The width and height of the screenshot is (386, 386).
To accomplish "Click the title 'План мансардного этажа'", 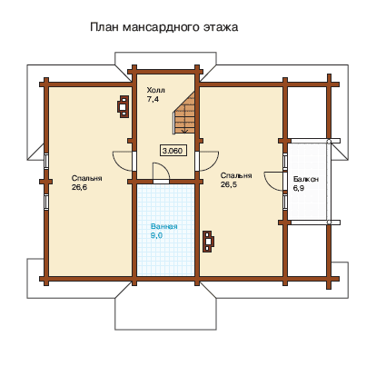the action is tap(164, 27).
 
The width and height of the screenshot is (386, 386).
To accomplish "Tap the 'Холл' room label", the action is tap(156, 90).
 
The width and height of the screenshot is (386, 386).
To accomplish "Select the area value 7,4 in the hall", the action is tap(153, 99).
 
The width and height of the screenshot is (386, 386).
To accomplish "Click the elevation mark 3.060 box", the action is tap(173, 151).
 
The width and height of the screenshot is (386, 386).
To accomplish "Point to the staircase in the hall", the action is tap(184, 113).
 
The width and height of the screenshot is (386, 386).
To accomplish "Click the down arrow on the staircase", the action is tap(184, 129).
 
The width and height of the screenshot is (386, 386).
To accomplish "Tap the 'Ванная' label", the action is tap(164, 226).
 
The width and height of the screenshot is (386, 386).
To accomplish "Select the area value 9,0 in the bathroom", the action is tap(156, 235).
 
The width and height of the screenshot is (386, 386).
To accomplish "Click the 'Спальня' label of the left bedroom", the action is tap(87, 178).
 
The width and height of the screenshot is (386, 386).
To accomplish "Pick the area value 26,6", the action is tap(79, 187).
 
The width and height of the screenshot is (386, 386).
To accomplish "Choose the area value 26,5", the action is tap(229, 184).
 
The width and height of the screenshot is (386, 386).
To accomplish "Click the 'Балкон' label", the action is tap(306, 179).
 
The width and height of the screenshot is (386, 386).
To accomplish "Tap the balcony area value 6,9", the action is tap(299, 188).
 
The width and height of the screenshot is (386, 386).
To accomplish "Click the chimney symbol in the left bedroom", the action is tap(123, 106).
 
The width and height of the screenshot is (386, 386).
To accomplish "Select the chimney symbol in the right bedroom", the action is tap(208, 241).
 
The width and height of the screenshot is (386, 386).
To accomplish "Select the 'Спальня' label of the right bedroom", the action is tap(236, 175).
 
